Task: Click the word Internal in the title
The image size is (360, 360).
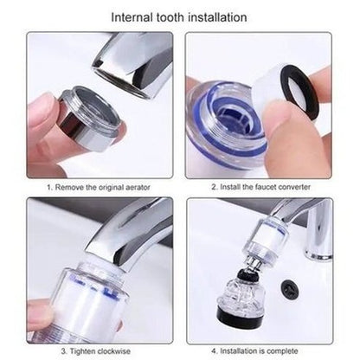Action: (132, 17)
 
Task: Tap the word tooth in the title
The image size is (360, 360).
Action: (170, 17)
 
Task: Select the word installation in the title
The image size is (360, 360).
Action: (217, 17)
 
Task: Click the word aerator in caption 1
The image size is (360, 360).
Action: (138, 187)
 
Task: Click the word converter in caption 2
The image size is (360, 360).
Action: (294, 187)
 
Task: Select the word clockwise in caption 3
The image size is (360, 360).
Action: (113, 351)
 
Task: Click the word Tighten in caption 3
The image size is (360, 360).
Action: (82, 351)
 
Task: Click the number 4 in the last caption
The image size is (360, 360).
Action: (214, 351)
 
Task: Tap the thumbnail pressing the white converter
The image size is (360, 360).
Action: (276, 116)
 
